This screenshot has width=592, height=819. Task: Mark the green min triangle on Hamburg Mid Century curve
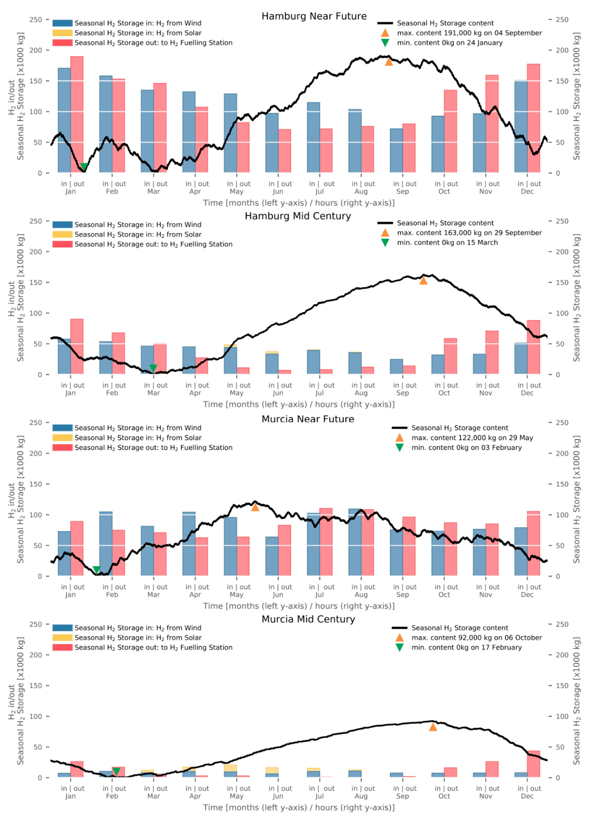pos(153,368)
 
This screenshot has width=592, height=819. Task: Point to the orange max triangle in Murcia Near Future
pos(255,507)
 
